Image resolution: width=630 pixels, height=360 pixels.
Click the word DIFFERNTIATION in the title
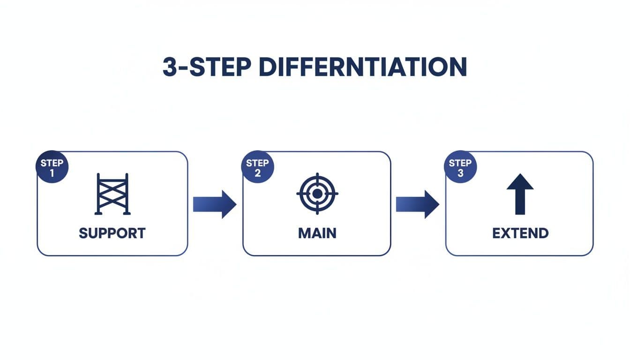click(x=362, y=67)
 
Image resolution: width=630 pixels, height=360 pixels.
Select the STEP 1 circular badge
click(x=52, y=168)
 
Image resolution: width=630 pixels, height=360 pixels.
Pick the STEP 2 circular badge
click(x=257, y=168)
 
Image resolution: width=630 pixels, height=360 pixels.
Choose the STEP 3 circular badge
click(x=460, y=168)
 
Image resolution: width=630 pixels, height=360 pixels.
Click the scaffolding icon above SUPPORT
click(x=112, y=194)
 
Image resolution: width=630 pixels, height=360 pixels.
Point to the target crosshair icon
click(x=317, y=194)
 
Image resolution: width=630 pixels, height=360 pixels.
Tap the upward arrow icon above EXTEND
click(x=520, y=194)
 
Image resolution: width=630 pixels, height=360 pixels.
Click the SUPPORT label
click(x=112, y=233)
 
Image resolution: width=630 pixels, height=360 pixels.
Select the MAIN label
click(x=317, y=233)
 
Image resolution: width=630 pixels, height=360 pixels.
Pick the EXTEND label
click(x=520, y=233)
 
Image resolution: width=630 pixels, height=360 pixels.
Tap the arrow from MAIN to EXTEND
click(x=417, y=204)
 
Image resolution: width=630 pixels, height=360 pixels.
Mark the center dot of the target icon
click(x=317, y=194)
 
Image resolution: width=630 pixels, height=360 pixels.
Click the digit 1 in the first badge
click(x=52, y=173)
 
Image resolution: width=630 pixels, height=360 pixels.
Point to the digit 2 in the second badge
click(x=257, y=173)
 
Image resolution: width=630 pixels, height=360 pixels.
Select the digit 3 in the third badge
click(x=460, y=173)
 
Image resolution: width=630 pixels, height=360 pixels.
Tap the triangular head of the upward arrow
click(x=520, y=182)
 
